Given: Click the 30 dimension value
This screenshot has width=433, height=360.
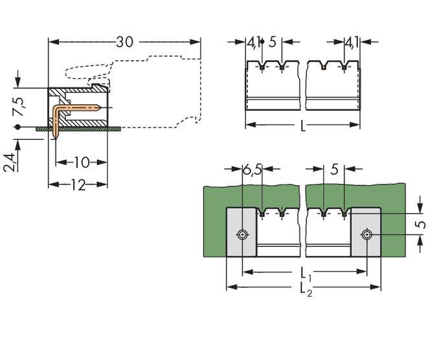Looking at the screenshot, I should point(125,42).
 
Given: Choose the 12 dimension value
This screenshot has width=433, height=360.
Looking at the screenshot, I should point(78,185).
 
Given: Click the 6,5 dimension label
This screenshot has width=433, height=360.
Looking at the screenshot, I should point(252,170).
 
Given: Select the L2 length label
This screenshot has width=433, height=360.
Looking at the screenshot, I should point(304,289).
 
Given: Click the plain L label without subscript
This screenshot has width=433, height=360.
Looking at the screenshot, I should point(303,127).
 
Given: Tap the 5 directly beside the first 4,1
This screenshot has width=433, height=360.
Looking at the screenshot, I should point(272,43).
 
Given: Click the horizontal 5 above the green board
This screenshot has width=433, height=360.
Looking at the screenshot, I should point(334,170).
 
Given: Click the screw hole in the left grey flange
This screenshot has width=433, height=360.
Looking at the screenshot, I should point(242,234).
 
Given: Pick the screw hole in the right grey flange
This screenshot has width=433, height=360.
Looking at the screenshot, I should point(367,234).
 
